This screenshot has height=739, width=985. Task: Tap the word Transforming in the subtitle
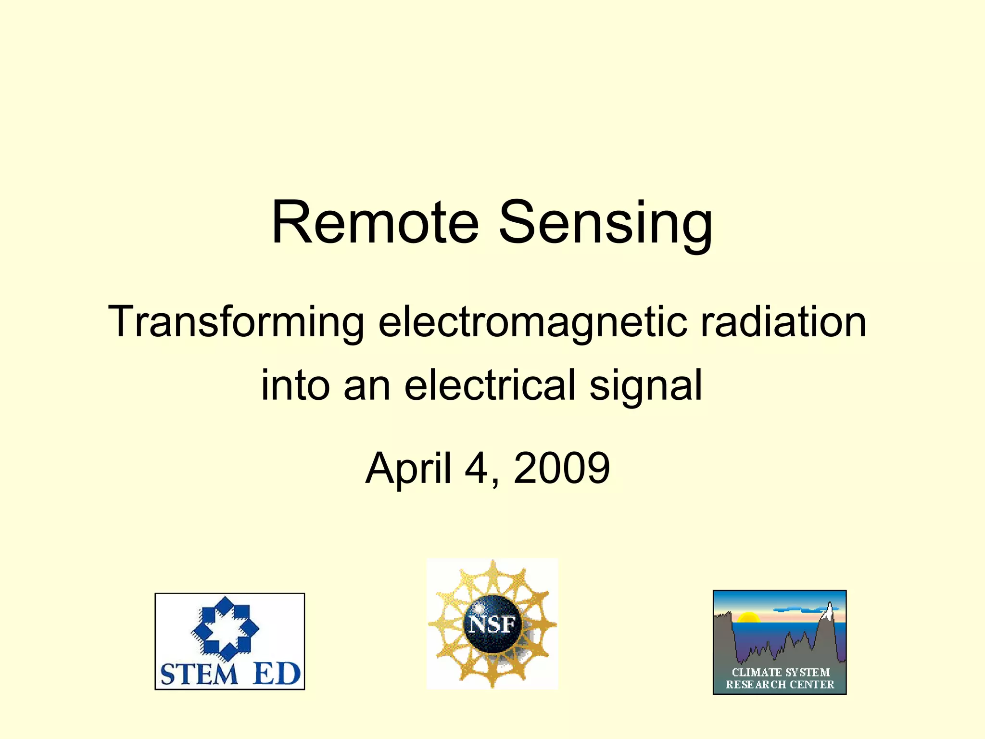click(236, 321)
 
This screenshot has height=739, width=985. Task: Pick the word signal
click(646, 385)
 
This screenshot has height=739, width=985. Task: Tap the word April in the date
click(408, 468)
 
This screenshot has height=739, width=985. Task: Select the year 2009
click(562, 467)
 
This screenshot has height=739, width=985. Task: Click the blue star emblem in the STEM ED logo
click(225, 628)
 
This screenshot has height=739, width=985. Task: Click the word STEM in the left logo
click(199, 674)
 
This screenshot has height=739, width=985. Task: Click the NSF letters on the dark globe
click(492, 624)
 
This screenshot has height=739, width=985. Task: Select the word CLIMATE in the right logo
click(756, 672)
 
